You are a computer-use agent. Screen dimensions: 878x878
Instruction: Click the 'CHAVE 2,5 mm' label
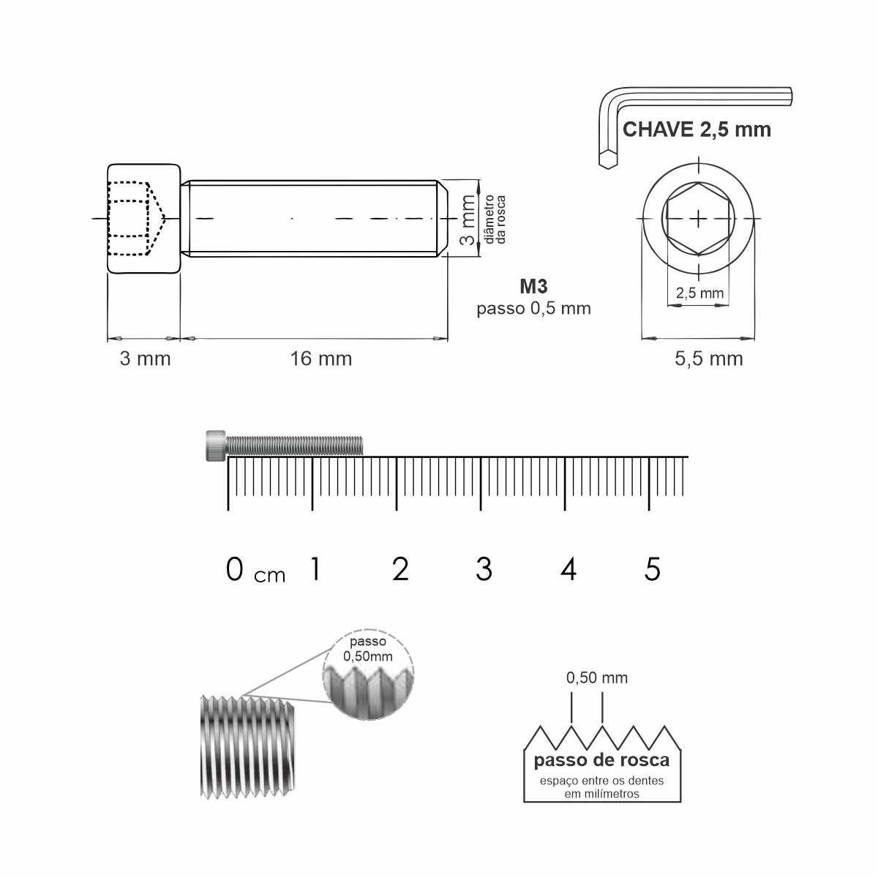tap(697, 130)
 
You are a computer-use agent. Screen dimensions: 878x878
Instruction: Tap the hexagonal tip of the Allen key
tap(608, 160)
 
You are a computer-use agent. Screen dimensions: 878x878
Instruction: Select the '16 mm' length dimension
tap(321, 359)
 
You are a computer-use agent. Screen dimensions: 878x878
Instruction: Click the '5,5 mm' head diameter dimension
tap(708, 359)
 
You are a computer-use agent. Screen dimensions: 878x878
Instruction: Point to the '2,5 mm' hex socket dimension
tap(699, 293)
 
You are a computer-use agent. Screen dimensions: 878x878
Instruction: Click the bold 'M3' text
tap(533, 287)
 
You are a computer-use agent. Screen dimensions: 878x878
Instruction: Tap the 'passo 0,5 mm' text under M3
tap(533, 309)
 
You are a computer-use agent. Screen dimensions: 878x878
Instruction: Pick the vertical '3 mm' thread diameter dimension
tap(468, 219)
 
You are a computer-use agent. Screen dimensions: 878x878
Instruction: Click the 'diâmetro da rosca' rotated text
tap(495, 219)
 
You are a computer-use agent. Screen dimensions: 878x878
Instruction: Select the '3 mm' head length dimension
tap(145, 359)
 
